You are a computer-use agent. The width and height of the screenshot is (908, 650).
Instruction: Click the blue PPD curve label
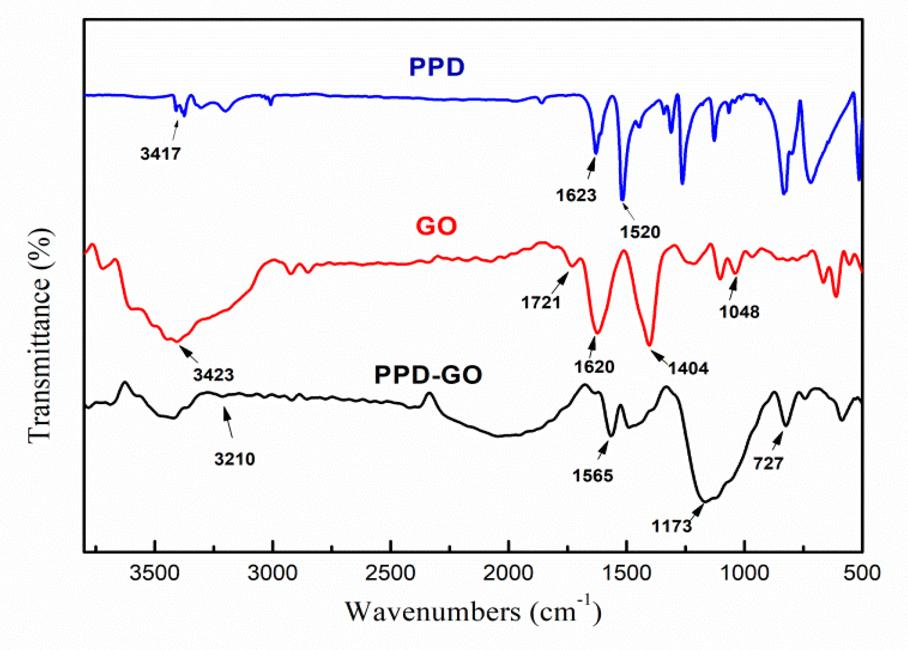437,67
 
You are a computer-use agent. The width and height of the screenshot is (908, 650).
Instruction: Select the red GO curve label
436,226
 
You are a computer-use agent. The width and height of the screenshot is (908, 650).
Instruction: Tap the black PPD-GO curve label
428,375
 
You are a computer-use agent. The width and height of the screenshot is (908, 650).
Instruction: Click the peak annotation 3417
160,154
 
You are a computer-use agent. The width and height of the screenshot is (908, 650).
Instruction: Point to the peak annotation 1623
576,195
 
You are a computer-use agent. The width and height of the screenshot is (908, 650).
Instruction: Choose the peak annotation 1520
639,232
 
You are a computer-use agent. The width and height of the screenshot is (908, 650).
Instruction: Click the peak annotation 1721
541,302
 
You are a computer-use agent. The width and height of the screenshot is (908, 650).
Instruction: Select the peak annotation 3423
213,375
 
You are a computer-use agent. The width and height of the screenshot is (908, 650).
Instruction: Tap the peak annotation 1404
688,368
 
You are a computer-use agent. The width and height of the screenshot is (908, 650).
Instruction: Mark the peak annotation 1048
739,312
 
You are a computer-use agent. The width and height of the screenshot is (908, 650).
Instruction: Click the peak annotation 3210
234,458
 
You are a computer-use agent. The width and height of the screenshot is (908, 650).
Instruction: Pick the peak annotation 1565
593,475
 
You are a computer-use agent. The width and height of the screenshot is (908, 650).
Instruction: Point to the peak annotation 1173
672,526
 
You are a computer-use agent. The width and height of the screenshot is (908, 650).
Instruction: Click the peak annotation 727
768,464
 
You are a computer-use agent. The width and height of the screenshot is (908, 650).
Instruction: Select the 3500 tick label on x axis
154,572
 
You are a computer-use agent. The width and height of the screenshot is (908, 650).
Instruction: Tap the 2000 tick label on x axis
508,572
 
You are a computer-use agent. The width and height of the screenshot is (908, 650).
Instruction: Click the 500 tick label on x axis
861,572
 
